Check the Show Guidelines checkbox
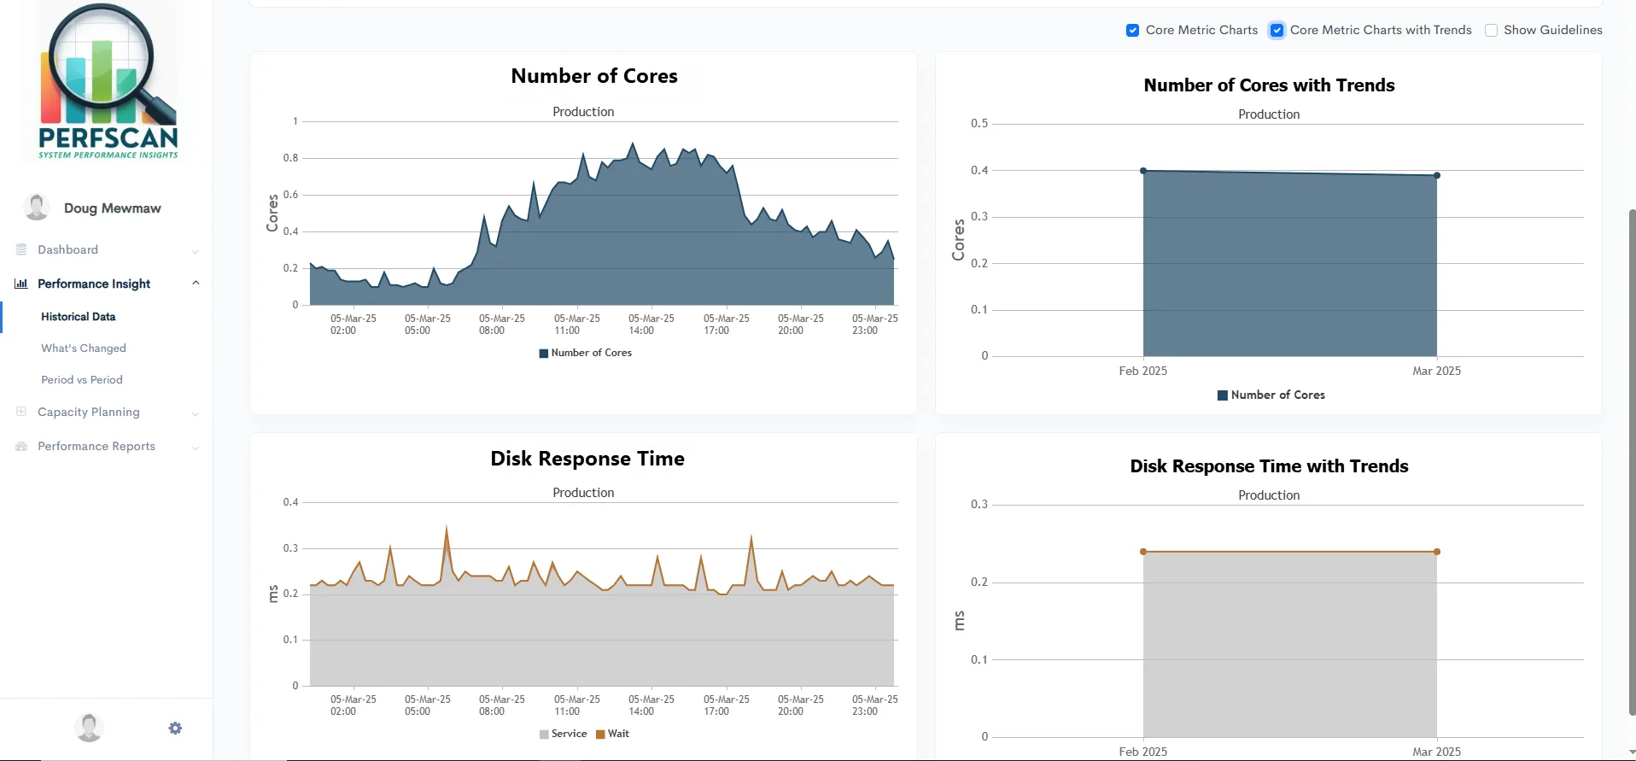click(1491, 31)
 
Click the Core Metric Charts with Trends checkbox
click(1277, 31)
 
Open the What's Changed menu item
click(84, 348)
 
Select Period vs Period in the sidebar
click(82, 380)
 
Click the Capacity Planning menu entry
click(89, 412)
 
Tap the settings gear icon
click(175, 729)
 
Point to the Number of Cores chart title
click(594, 77)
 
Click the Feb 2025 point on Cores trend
click(1143, 171)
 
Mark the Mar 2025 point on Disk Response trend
click(1437, 552)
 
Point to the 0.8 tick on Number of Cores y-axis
click(291, 158)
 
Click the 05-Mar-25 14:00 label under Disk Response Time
click(651, 705)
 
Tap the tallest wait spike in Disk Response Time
click(447, 528)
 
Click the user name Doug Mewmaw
click(112, 208)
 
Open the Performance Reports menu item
click(96, 447)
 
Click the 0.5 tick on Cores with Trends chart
click(979, 124)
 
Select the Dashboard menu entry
click(68, 250)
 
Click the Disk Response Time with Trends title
click(1269, 466)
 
